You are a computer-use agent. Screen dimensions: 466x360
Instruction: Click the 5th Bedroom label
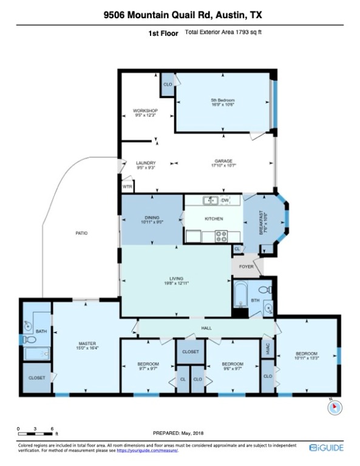(222, 100)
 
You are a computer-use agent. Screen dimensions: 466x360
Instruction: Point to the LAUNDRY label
(146, 163)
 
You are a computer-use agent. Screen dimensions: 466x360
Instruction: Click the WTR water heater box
(127, 187)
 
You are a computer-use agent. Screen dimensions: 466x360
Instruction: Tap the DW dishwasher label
(225, 200)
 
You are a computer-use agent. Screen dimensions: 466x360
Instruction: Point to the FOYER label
(246, 265)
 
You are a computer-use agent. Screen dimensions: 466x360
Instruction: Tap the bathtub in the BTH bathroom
(240, 295)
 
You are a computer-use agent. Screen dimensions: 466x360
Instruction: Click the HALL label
(206, 328)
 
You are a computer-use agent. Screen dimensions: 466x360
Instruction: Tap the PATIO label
(81, 233)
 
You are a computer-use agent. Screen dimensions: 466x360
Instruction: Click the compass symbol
(335, 408)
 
